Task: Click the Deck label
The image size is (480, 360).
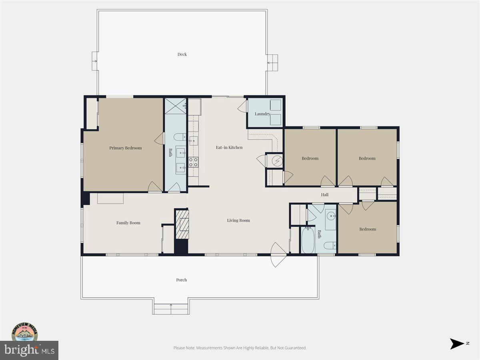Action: [182, 54]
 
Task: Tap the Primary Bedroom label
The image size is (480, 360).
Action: [125, 148]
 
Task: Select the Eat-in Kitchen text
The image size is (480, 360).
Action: [229, 148]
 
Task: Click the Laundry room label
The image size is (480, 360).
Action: [262, 114]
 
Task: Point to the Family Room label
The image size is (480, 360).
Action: [128, 223]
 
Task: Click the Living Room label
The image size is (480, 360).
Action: [238, 220]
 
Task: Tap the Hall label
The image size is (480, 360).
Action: [325, 195]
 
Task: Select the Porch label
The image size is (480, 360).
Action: [182, 280]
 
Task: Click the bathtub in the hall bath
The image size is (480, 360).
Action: [308, 240]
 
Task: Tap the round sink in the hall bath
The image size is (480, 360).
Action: [330, 216]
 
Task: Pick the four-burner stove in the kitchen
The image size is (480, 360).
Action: [193, 162]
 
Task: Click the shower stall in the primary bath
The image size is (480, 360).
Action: [175, 106]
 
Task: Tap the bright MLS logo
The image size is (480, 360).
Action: [29, 350]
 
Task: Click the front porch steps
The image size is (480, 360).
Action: [171, 309]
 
